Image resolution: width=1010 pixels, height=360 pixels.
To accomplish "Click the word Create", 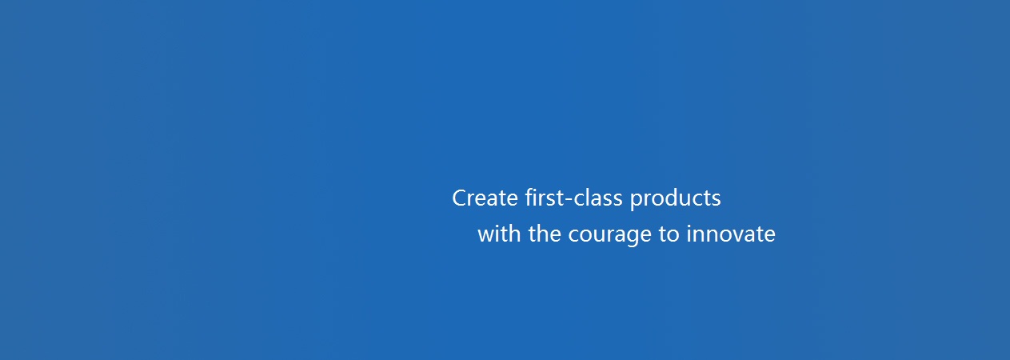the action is (x=485, y=198).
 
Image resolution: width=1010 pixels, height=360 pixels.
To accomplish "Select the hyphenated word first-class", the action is (x=573, y=198).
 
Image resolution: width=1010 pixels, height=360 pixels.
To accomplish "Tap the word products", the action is (x=676, y=199).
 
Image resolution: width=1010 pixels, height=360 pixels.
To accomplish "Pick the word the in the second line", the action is (x=545, y=234).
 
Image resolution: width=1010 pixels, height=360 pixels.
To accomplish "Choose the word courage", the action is (x=609, y=236).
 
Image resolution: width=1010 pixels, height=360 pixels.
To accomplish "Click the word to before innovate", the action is (x=669, y=235).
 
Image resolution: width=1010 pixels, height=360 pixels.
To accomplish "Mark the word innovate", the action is (x=731, y=234).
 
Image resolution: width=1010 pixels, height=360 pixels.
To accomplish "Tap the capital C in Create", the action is (x=460, y=198).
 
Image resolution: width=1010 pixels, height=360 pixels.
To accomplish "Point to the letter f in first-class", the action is (x=529, y=198).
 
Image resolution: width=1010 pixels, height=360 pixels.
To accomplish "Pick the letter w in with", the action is (x=485, y=236).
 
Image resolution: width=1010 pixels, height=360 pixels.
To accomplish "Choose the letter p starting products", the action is (x=637, y=201).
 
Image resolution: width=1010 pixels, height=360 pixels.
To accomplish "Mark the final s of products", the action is (x=716, y=200).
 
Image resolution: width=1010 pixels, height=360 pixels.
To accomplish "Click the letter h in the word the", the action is (x=544, y=234).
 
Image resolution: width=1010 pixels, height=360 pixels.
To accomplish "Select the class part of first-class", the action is (x=598, y=198).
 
